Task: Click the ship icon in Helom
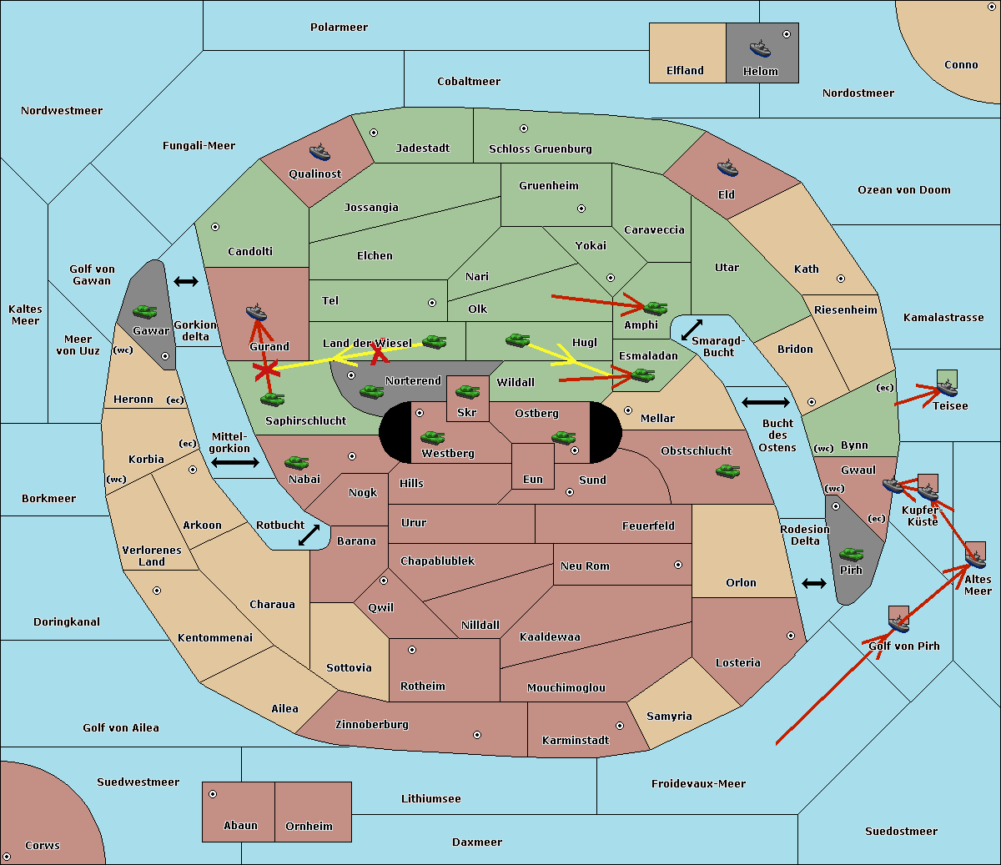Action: click(x=760, y=48)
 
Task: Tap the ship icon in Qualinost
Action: click(x=319, y=152)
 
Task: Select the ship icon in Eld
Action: click(x=727, y=168)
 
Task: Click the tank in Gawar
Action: click(x=145, y=311)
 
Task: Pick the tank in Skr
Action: click(x=468, y=391)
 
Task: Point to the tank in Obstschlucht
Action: click(x=728, y=470)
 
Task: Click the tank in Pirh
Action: click(x=851, y=554)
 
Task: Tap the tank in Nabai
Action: click(x=296, y=462)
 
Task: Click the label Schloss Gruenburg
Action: click(x=541, y=148)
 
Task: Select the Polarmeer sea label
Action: click(x=339, y=28)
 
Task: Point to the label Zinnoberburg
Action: click(x=372, y=724)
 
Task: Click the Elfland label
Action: click(x=685, y=70)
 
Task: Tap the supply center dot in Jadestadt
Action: click(x=374, y=133)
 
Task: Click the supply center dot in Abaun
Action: click(x=213, y=794)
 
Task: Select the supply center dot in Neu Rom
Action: click(x=678, y=565)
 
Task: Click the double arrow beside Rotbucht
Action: click(x=309, y=536)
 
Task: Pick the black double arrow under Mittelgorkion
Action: click(x=235, y=462)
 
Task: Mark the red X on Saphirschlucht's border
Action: click(x=266, y=370)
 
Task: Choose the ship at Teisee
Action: click(x=946, y=388)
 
